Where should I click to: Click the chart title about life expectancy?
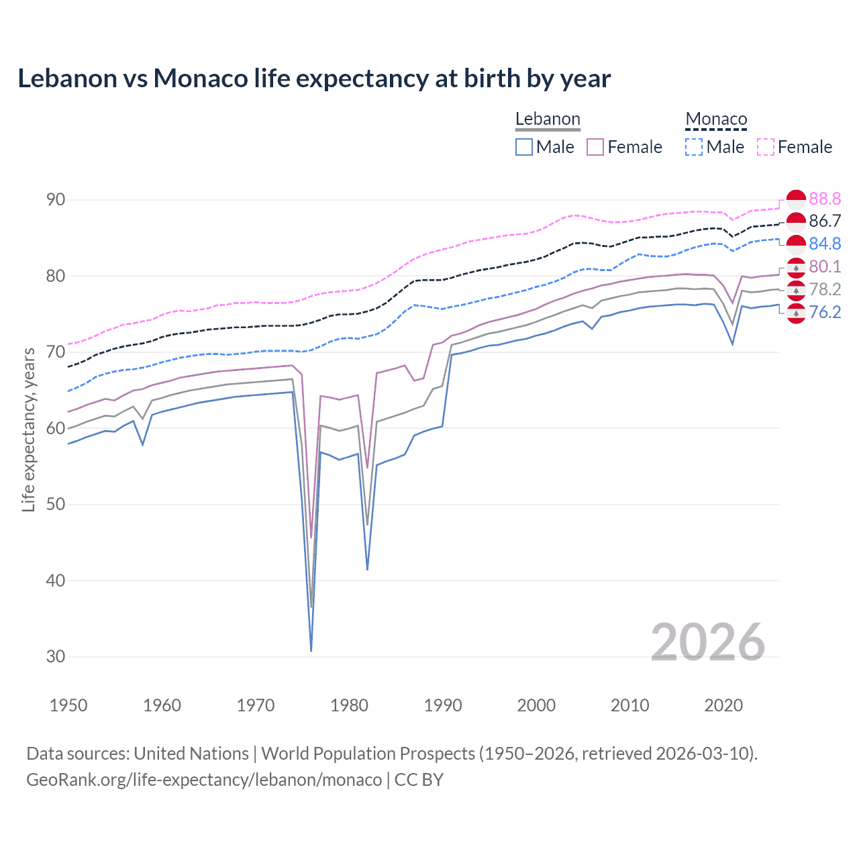(314, 79)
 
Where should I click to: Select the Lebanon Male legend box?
(524, 147)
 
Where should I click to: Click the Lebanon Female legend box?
(595, 147)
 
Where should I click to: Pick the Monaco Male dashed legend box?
(694, 147)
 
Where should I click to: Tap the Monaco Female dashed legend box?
(766, 147)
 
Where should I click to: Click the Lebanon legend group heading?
(548, 119)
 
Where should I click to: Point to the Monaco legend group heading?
(716, 119)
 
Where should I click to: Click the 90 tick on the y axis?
(56, 199)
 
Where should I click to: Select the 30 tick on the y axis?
(56, 656)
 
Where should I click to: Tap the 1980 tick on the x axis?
(350, 705)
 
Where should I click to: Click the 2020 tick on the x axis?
(723, 705)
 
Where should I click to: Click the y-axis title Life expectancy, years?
(28, 429)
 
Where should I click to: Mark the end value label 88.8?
(825, 199)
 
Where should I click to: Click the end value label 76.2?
(825, 312)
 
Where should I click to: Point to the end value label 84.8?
(825, 244)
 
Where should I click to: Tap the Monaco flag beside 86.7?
(796, 221)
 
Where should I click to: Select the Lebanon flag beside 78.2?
(796, 290)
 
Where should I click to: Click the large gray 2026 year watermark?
(707, 642)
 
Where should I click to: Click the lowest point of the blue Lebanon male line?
(311, 650)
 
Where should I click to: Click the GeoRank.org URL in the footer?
(204, 780)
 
